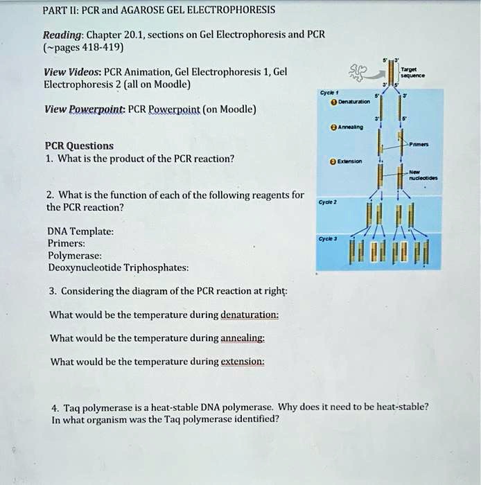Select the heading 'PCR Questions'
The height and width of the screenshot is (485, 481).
(x=79, y=145)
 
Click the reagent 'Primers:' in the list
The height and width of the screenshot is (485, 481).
(x=67, y=243)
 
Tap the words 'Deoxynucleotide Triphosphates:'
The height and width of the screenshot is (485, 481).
(x=118, y=267)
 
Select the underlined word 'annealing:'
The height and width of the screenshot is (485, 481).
(x=242, y=338)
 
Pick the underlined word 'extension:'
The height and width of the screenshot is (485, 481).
(x=242, y=362)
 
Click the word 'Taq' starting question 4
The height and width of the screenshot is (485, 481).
(x=69, y=407)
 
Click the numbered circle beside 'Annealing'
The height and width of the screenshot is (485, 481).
(x=333, y=127)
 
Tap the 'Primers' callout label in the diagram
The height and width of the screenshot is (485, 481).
(x=419, y=145)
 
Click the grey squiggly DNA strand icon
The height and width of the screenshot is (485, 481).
(x=360, y=70)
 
